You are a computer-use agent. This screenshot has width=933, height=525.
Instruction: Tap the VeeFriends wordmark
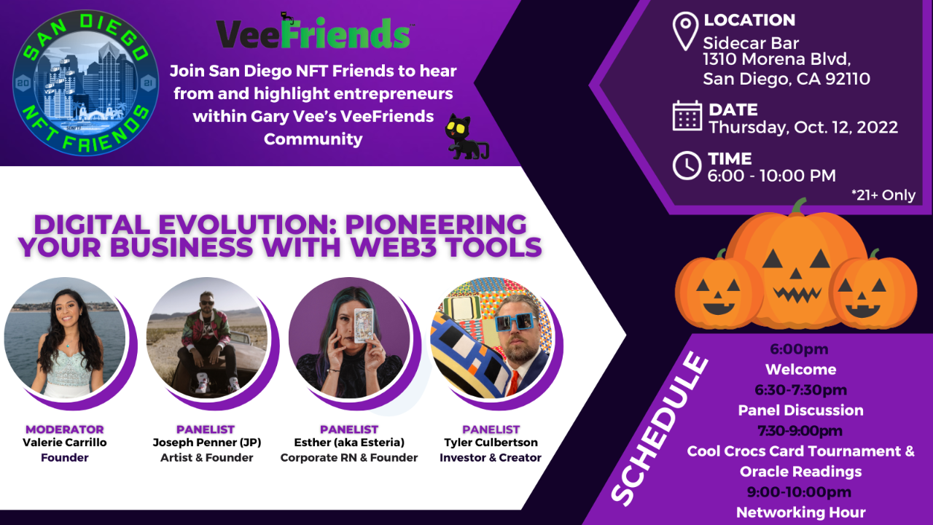(x=314, y=34)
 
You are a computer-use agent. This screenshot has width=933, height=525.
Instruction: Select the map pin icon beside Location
(x=684, y=32)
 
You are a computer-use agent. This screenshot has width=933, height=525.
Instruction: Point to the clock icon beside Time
(x=687, y=166)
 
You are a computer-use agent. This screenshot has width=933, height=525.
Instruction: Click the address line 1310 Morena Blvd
(x=777, y=60)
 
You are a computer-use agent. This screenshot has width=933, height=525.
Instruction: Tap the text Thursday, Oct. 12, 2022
(x=803, y=127)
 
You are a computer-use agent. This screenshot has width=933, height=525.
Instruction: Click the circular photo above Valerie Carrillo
(x=66, y=337)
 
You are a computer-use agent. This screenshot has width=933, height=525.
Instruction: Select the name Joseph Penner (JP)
(x=206, y=443)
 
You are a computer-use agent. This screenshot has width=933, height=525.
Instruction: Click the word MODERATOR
(x=65, y=429)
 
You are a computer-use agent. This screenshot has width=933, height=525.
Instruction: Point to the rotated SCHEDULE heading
(x=660, y=428)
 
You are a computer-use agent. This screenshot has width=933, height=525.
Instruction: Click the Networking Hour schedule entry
(x=800, y=512)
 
